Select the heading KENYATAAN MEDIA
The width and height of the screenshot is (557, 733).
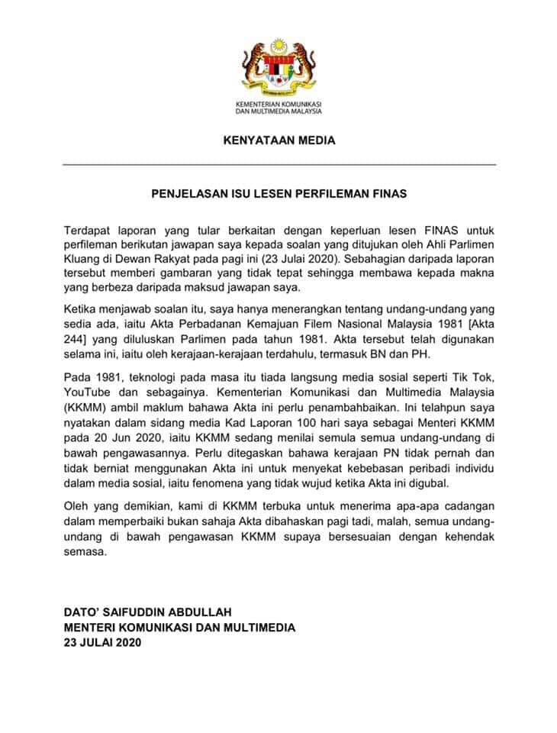(278, 141)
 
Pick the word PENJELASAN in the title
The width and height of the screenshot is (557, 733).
(184, 194)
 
